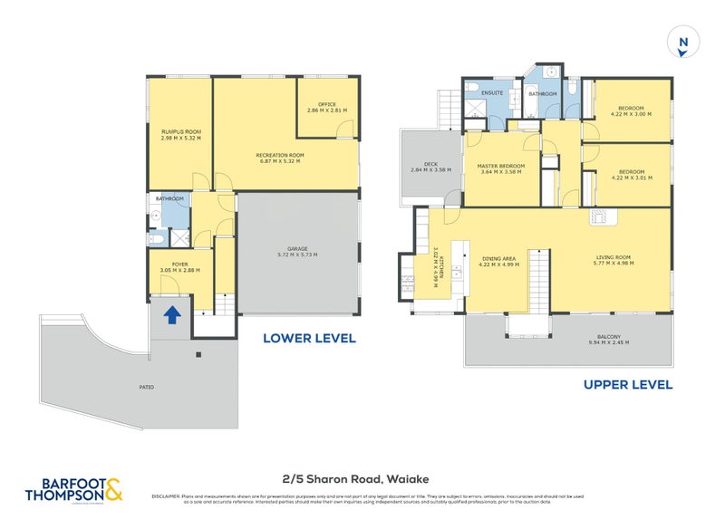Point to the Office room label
pyautogui.click(x=326, y=104)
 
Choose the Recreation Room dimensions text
pyautogui.click(x=279, y=160)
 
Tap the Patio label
pyautogui.click(x=147, y=387)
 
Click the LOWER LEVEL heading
pyautogui.click(x=309, y=339)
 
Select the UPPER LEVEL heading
pyautogui.click(x=627, y=385)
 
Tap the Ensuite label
pyautogui.click(x=493, y=92)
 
